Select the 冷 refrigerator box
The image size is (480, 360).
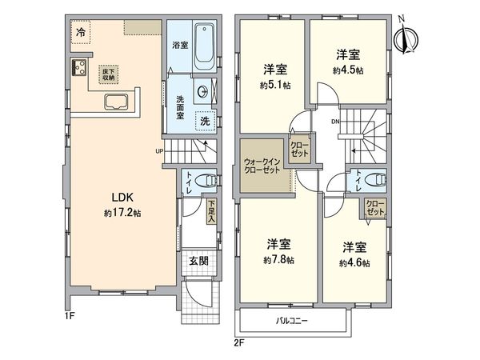click(82, 33)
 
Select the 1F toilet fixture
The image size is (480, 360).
click(205, 180)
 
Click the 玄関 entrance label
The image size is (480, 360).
click(199, 262)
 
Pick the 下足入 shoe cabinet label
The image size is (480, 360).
click(211, 210)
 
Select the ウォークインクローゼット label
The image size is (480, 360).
click(262, 166)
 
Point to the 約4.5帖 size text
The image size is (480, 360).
click(348, 70)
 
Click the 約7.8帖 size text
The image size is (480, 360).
click(279, 259)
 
